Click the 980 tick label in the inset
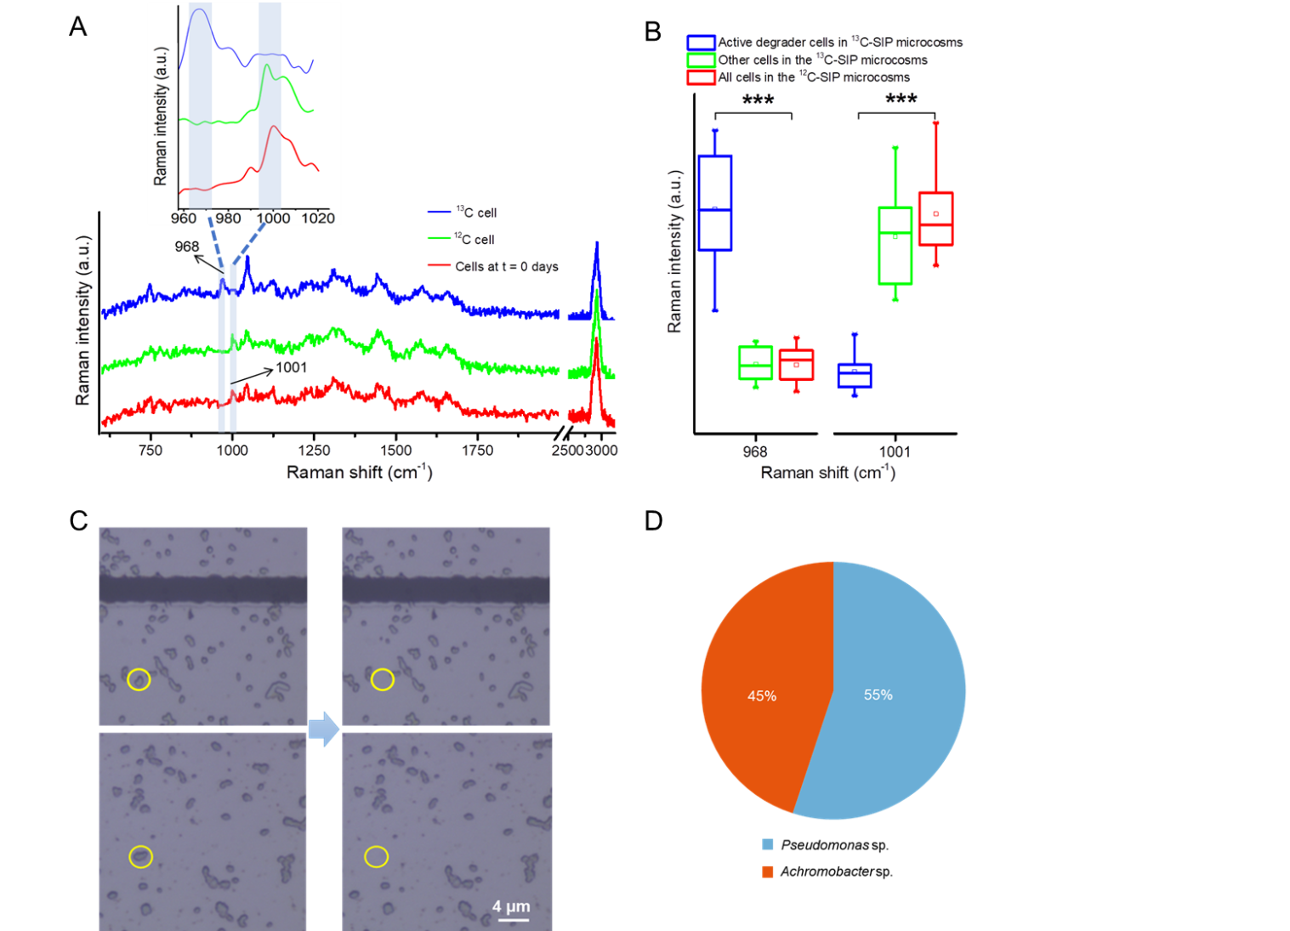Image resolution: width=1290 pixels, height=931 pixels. click(x=228, y=218)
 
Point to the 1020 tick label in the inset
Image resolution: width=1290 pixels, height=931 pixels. click(x=318, y=218)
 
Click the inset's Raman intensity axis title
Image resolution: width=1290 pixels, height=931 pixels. click(x=161, y=116)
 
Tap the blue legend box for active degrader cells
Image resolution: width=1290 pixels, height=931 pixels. click(x=701, y=43)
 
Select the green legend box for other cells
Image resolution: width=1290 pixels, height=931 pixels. click(x=701, y=60)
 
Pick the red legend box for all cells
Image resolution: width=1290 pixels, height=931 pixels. click(x=701, y=77)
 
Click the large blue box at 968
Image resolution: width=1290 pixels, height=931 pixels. click(x=714, y=203)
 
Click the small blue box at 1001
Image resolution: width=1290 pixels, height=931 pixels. click(x=854, y=375)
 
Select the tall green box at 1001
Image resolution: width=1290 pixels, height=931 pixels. click(x=895, y=245)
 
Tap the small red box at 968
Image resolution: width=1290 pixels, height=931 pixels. click(x=796, y=365)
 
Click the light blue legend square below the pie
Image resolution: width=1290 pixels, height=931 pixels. click(x=768, y=844)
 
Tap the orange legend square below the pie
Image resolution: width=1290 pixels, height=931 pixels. click(x=768, y=871)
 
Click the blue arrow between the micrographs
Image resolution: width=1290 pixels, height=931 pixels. click(x=324, y=729)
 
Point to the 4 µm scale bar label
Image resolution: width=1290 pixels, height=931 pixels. click(x=511, y=906)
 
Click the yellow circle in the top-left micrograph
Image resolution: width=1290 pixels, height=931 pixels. click(x=139, y=679)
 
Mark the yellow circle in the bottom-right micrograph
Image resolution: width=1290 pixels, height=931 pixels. click(x=376, y=856)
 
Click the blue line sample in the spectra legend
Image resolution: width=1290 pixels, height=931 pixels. click(x=438, y=212)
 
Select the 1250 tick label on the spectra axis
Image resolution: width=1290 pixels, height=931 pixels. click(x=314, y=450)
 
